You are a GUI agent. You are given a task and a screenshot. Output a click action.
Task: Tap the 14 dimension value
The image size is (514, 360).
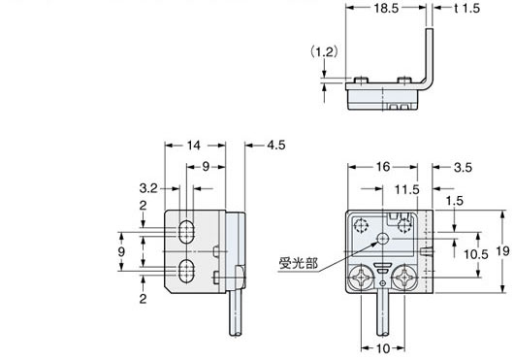(x=195, y=146)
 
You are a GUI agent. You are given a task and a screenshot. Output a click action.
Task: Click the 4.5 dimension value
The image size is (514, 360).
(x=277, y=146)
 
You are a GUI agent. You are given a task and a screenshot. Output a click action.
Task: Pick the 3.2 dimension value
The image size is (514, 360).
(x=148, y=185)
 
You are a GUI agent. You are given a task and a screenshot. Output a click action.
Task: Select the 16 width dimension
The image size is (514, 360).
(x=385, y=168)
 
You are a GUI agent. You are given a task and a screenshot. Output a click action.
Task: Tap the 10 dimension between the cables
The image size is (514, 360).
(x=385, y=347)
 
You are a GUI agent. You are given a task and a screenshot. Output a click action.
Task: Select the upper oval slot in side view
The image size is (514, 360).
(x=185, y=232)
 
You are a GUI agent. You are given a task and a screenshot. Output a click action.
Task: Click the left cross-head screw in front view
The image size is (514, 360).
(x=360, y=278)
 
